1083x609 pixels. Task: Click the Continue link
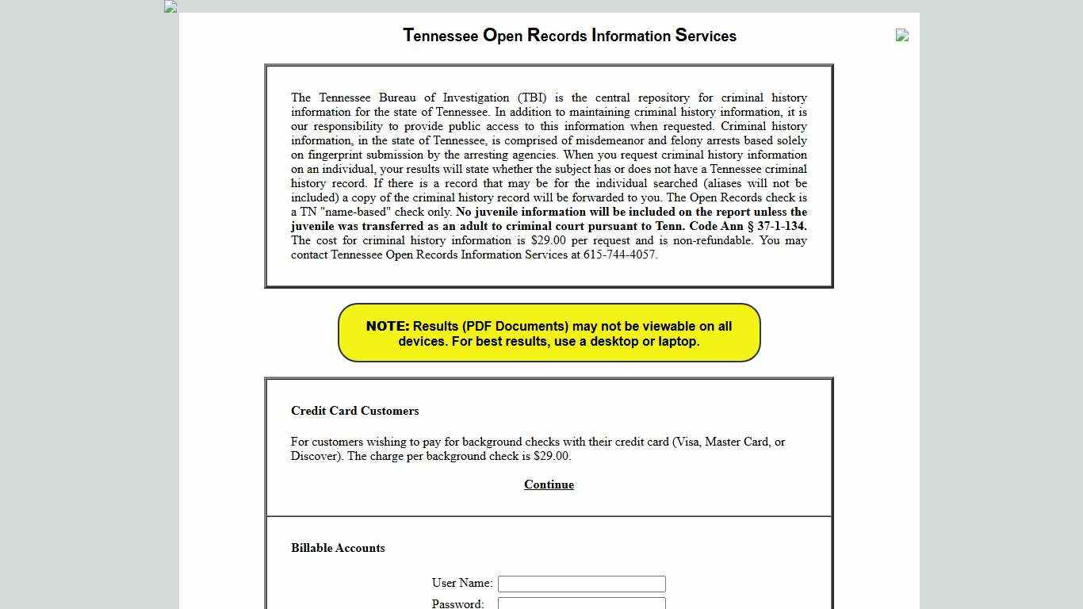pyautogui.click(x=549, y=485)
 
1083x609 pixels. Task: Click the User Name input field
pyautogui.click(x=581, y=584)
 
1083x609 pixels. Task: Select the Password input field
pyautogui.click(x=581, y=603)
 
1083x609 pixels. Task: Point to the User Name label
pyautogui.click(x=461, y=583)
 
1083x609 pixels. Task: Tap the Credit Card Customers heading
pyautogui.click(x=354, y=411)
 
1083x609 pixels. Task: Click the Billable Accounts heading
pyautogui.click(x=338, y=548)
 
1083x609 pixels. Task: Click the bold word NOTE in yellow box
pyautogui.click(x=387, y=327)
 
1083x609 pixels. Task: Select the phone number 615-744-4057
pyautogui.click(x=619, y=255)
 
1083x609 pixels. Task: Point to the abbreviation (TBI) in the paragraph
pyautogui.click(x=531, y=98)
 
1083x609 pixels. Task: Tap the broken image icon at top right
pyautogui.click(x=902, y=35)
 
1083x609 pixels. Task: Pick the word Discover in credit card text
pyautogui.click(x=316, y=456)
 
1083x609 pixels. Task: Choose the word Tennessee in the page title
pyautogui.click(x=441, y=36)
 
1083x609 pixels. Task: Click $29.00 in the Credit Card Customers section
pyautogui.click(x=551, y=456)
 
